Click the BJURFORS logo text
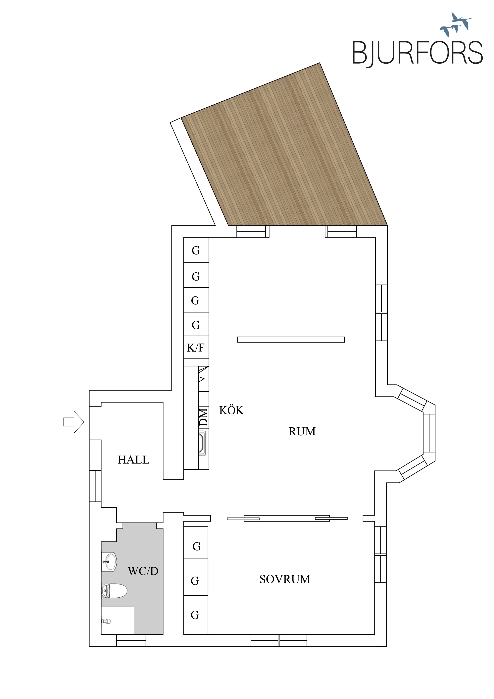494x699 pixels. click(417, 53)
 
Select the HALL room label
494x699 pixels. click(133, 460)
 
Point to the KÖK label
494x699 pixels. click(231, 410)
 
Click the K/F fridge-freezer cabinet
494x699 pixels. click(196, 347)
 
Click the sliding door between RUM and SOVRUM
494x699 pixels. click(287, 518)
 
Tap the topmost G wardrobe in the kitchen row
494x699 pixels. click(196, 250)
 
